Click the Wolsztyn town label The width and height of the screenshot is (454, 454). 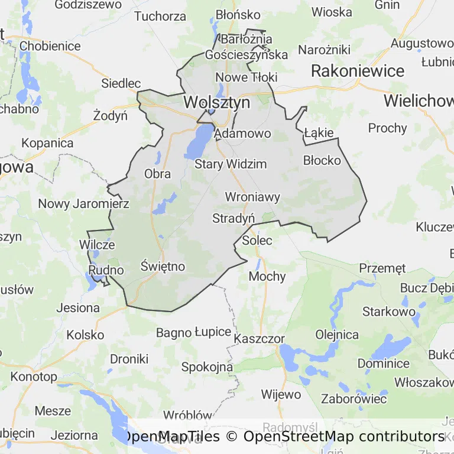pos(216,102)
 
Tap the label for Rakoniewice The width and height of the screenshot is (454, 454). pos(358,71)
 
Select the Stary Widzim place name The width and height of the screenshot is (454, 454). pos(231,164)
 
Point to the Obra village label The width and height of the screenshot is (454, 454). pos(157,174)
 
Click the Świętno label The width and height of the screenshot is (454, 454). pos(163,267)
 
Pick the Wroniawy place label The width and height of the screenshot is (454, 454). pos(252,197)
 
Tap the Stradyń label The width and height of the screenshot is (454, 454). pos(234,218)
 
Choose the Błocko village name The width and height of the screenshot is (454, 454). pos(322,160)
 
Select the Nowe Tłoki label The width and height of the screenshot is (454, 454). pos(246,77)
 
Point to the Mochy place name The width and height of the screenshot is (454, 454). pos(267,276)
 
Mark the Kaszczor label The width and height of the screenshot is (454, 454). pos(260,339)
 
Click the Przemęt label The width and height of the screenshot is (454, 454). pos(382,268)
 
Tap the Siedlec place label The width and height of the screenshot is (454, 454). pos(121,83)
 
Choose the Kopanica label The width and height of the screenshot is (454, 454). pos(47,143)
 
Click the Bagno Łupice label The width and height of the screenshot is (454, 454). pos(193,332)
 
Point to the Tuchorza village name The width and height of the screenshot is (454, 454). pos(160,16)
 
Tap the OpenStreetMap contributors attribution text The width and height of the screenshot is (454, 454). pos(343,436)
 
